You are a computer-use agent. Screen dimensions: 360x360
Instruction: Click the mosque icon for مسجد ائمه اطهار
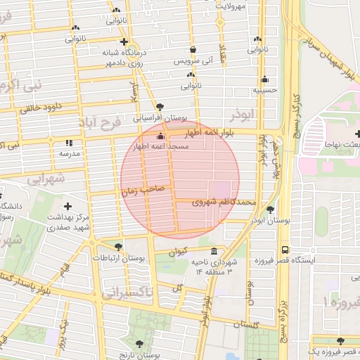pos(161,136)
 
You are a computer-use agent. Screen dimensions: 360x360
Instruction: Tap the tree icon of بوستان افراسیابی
pos(160,106)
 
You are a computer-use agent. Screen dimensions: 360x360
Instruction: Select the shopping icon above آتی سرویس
pos(193,50)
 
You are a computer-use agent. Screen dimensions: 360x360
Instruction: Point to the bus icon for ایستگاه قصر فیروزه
pos(285,250)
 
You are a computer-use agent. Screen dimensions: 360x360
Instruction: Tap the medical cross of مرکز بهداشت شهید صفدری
pos(67,206)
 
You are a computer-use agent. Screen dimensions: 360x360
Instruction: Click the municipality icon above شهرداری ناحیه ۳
pos(214,252)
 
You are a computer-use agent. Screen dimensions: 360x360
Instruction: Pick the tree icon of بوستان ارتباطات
pos(117,246)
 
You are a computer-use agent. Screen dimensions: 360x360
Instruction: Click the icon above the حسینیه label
pos(264,79)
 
